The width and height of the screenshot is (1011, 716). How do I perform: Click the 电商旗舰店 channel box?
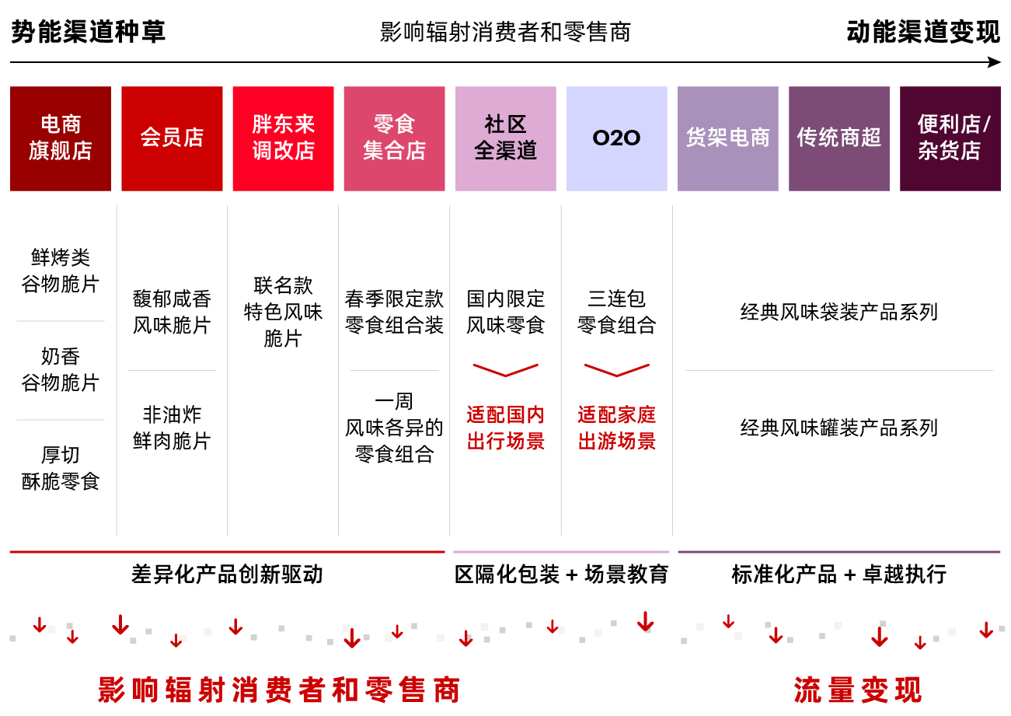pyautogui.click(x=61, y=138)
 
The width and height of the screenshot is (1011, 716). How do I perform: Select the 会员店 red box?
pyautogui.click(x=172, y=138)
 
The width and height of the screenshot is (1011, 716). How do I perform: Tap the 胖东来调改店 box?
pyautogui.click(x=283, y=138)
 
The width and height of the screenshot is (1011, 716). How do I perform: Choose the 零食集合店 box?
pyautogui.click(x=394, y=138)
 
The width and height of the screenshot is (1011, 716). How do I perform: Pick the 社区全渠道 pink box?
pyautogui.click(x=505, y=138)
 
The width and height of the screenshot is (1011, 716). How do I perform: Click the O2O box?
pyautogui.click(x=616, y=138)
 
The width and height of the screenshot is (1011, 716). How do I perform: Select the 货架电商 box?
pyautogui.click(x=727, y=138)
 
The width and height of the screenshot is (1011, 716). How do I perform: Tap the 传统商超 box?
pyautogui.click(x=838, y=138)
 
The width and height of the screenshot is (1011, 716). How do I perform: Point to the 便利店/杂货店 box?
pyautogui.click(x=950, y=138)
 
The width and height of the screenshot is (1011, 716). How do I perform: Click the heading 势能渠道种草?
pyautogui.click(x=88, y=33)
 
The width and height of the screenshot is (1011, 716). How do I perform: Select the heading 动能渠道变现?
pyautogui.click(x=923, y=33)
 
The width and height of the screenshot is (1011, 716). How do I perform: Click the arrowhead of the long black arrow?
pyautogui.click(x=995, y=62)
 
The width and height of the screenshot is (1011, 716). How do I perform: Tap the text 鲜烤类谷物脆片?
pyautogui.click(x=61, y=271)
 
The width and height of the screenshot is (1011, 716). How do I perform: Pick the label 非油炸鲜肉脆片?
pyautogui.click(x=172, y=428)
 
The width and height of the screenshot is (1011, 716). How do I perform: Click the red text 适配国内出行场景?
pyautogui.click(x=505, y=428)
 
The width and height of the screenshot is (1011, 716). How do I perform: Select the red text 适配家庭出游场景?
pyautogui.click(x=616, y=428)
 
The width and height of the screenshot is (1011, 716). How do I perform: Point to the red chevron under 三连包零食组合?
pyautogui.click(x=616, y=370)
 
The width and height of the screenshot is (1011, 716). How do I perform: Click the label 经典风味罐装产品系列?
pyautogui.click(x=838, y=428)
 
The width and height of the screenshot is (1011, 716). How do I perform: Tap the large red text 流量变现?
pyautogui.click(x=857, y=690)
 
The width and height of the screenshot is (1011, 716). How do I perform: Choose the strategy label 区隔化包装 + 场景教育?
pyautogui.click(x=560, y=575)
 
